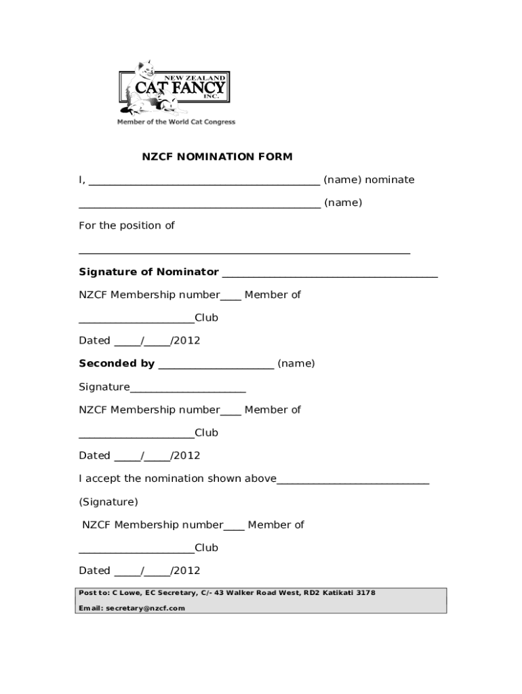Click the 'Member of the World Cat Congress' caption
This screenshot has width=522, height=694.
176,122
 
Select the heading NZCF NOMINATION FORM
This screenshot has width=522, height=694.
217,157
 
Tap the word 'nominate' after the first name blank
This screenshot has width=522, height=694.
390,180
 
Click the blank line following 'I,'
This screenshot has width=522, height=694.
204,182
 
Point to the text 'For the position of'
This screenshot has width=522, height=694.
127,226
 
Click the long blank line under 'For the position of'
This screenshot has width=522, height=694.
244,252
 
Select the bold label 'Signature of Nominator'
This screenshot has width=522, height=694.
148,272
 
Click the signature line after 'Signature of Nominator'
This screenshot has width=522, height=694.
329,274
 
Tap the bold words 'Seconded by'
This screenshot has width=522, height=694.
117,363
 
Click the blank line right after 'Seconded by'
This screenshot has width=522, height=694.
216,366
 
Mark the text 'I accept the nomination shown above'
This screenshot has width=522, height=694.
178,478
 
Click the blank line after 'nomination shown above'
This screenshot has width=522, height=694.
353,481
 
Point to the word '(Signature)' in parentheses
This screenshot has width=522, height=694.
108,502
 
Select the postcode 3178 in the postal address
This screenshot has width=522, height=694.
365,592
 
